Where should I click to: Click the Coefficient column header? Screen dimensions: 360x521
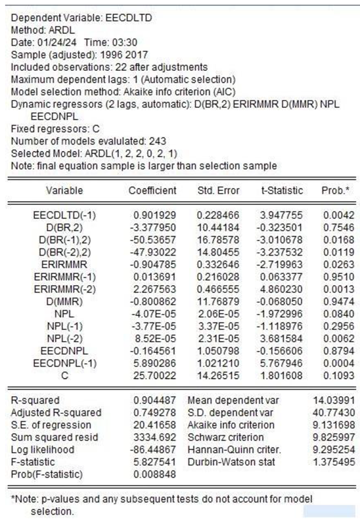[152, 191]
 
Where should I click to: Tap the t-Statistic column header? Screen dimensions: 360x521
[280, 191]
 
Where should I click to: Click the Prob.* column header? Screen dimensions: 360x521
[332, 191]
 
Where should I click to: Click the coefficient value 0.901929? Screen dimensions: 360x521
[155, 215]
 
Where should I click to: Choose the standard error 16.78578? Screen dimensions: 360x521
[219, 238]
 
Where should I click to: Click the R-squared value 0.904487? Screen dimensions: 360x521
[155, 400]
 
